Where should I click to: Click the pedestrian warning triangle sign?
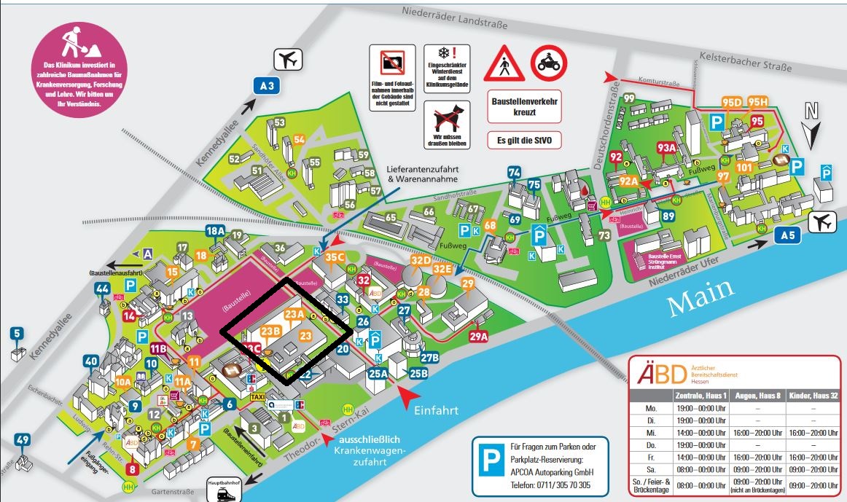[504, 65]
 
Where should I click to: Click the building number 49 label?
[23, 439]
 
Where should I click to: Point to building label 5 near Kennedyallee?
[16, 334]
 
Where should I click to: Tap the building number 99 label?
[628, 98]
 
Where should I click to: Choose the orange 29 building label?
[469, 283]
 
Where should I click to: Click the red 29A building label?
[478, 336]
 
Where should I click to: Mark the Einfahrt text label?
[436, 410]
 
